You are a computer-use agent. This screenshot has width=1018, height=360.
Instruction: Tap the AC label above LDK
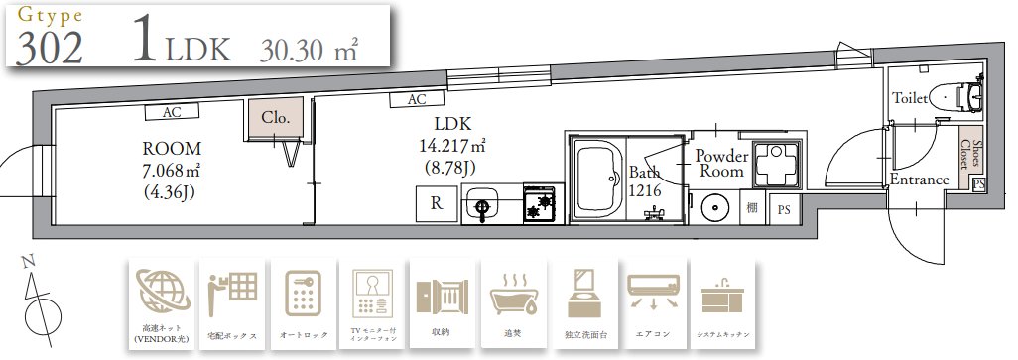click(x=417, y=99)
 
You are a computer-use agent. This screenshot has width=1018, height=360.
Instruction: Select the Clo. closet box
click(x=275, y=117)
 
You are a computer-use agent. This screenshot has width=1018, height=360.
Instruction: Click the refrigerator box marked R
click(x=436, y=205)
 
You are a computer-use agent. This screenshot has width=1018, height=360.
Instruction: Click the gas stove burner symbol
click(x=541, y=205)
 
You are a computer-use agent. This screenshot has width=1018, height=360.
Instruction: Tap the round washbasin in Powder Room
click(x=713, y=208)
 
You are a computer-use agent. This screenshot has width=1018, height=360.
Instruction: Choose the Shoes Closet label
click(x=969, y=156)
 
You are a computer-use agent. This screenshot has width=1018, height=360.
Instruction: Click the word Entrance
click(x=919, y=180)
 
